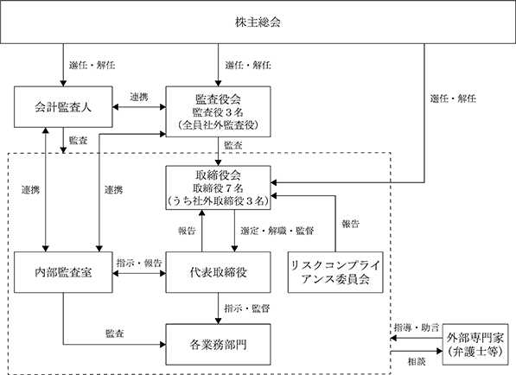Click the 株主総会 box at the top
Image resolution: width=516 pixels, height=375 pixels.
pyautogui.click(x=258, y=22)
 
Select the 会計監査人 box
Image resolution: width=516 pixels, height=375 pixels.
pyautogui.click(x=63, y=107)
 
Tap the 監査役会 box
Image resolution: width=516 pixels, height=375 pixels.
pyautogui.click(x=218, y=111)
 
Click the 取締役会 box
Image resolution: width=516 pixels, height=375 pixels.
pyautogui.click(x=218, y=187)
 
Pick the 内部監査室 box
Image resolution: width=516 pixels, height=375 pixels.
pyautogui.click(x=63, y=272)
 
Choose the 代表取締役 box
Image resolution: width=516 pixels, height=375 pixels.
pyautogui.click(x=218, y=272)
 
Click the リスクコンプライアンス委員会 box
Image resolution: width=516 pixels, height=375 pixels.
pyautogui.click(x=335, y=272)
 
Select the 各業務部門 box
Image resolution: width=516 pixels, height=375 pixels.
pyautogui.click(x=218, y=345)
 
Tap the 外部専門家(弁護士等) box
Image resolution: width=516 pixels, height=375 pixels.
pyautogui.click(x=475, y=345)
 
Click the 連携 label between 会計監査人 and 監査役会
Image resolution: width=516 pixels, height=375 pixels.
pyautogui.click(x=139, y=97)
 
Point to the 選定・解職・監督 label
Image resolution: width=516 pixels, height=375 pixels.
pyautogui.click(x=277, y=231)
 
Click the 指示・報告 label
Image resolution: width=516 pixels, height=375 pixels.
pyautogui.click(x=139, y=264)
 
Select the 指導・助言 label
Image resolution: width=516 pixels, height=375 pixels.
pyautogui.click(x=417, y=327)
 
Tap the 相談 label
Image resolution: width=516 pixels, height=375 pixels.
pyautogui.click(x=417, y=362)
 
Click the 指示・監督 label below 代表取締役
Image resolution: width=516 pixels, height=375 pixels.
pyautogui.click(x=247, y=308)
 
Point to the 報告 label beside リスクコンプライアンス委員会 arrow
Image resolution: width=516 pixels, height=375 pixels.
pyautogui.click(x=350, y=225)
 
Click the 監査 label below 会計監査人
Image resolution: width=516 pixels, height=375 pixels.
pyautogui.click(x=78, y=141)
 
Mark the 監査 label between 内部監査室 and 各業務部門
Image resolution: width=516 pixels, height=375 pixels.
pyautogui.click(x=114, y=334)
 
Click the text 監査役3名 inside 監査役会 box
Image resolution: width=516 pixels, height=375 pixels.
pyautogui.click(x=218, y=112)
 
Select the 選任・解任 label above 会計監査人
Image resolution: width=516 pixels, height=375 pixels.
pyautogui.click(x=92, y=65)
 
